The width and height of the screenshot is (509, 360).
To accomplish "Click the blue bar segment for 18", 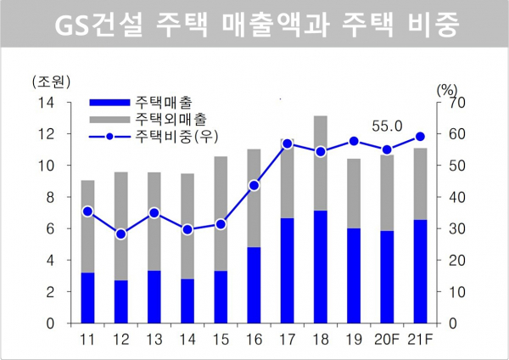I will coord(321,267).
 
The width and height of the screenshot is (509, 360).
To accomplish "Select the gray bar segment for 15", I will coord(221,214).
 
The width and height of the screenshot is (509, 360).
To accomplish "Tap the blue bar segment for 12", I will coord(121,301).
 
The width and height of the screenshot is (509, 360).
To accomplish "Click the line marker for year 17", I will coord(288,143).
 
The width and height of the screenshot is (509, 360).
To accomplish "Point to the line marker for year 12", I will coord(121,233).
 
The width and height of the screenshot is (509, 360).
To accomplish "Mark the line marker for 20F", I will coord(386,150).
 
